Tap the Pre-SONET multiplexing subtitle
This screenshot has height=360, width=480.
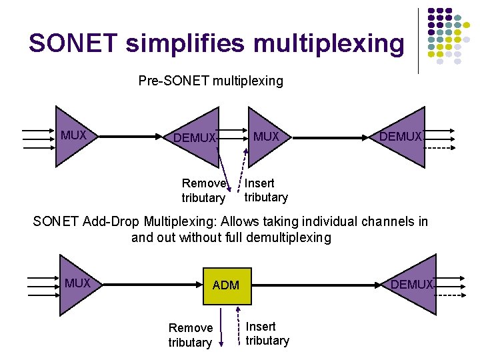pos(211,81)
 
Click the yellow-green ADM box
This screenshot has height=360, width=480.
pos(225,285)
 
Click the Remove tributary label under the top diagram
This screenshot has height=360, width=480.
pos(204,191)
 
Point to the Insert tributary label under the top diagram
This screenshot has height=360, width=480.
pos(266,190)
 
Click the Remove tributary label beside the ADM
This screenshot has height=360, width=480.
pos(190,335)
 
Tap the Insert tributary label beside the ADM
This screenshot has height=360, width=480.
pos(267,333)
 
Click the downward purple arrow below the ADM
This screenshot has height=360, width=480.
pos(222,330)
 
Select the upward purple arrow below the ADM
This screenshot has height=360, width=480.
pos(238,330)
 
